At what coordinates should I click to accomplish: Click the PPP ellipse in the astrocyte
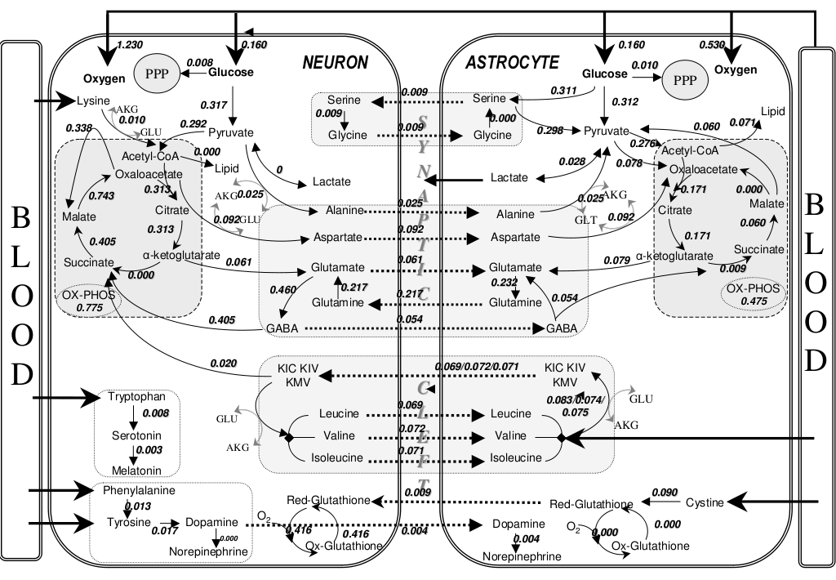pos(683,79)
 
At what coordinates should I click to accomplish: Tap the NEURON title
pos(335,63)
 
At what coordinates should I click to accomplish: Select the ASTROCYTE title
pos(512,63)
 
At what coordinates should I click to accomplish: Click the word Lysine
pos(92,101)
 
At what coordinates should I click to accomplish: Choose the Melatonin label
pos(136,470)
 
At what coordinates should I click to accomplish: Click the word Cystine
pos(704,502)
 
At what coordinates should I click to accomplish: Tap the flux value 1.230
pos(131,44)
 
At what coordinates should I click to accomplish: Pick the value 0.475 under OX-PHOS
pos(754,301)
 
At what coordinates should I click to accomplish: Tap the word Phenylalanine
pos(139,492)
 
